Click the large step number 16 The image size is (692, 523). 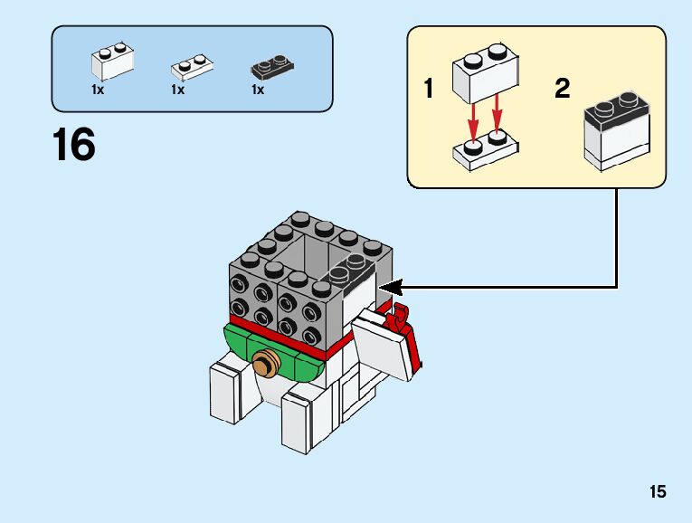(x=74, y=145)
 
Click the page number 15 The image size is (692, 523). (x=657, y=492)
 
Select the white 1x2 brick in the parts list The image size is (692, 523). (x=112, y=61)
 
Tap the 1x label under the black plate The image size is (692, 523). (x=258, y=90)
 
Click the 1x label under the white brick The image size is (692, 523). (x=98, y=90)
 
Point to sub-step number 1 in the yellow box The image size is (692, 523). (x=428, y=89)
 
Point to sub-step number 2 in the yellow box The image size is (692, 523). (x=563, y=89)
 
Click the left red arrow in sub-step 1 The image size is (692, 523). (x=472, y=123)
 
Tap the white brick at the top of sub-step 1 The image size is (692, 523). (x=485, y=72)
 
